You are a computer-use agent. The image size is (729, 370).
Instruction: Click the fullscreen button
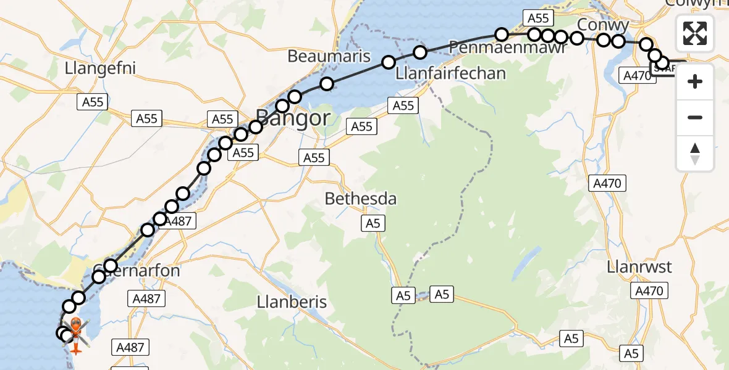pos(695,33)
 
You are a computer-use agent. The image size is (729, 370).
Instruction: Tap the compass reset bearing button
pos(695,154)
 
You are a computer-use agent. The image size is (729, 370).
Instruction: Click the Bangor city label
pos(292,117)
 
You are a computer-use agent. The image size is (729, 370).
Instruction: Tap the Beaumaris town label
pos(329,56)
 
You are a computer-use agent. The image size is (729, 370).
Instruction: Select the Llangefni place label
pos(100,68)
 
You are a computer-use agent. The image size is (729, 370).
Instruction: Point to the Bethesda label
pos(360,199)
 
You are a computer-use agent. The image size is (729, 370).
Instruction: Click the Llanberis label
pos(292,303)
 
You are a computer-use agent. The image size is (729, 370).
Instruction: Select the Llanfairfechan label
pos(450,73)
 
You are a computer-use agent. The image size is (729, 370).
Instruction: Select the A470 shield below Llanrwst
pos(649,291)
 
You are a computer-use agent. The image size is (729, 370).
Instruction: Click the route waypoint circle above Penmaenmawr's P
pos(502,35)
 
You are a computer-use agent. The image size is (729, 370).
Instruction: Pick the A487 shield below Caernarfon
pos(147,299)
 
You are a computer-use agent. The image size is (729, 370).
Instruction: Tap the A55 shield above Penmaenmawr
pos(537,18)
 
